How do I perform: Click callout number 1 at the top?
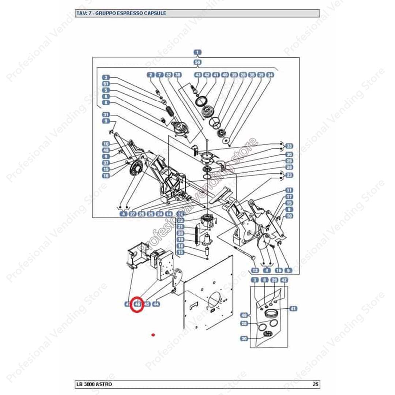(x=197, y=52)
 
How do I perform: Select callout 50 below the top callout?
(x=197, y=62)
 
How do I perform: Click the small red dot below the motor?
(x=153, y=334)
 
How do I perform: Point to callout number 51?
(x=106, y=84)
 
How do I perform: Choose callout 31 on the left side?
(x=106, y=114)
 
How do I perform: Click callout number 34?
(x=270, y=75)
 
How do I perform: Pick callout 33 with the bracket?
(x=289, y=146)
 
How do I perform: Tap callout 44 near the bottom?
(x=156, y=304)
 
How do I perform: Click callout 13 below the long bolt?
(x=255, y=271)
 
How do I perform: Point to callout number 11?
(x=289, y=190)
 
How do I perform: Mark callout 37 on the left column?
(x=106, y=163)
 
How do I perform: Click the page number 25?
(x=316, y=384)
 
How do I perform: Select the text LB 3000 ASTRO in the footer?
(x=94, y=384)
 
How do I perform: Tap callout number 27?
(x=132, y=214)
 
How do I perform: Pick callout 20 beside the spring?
(x=180, y=233)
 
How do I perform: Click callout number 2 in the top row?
(x=150, y=75)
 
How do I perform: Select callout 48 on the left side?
(x=106, y=150)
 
